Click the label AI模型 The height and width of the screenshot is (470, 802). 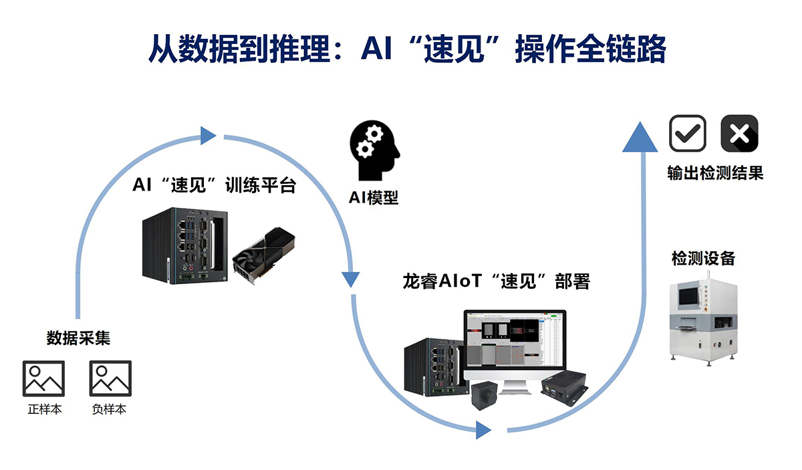(x=374, y=198)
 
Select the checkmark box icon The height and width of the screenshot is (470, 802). (x=688, y=133)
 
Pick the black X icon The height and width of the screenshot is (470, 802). (x=739, y=133)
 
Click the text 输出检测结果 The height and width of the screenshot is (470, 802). (x=714, y=173)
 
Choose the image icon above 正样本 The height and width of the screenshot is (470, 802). (x=44, y=378)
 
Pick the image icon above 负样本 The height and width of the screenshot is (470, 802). (x=110, y=378)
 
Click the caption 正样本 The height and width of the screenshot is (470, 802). (x=45, y=409)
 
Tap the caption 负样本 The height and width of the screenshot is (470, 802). (x=110, y=409)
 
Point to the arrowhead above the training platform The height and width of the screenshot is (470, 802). (x=208, y=136)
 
